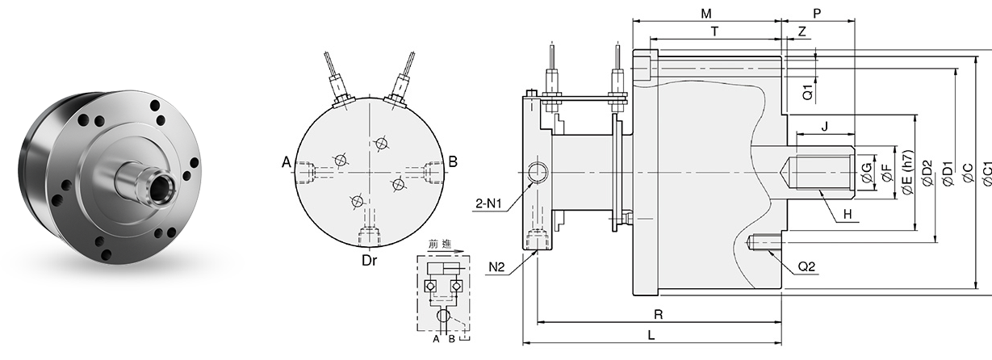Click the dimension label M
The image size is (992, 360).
[x=705, y=13]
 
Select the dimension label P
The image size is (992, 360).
[x=818, y=13]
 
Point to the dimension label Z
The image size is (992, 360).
[x=802, y=31]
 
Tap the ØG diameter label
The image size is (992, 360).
[x=866, y=171]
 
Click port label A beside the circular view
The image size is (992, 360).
[x=287, y=163]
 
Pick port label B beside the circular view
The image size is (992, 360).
[x=453, y=162]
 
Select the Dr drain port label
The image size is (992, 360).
[x=370, y=260]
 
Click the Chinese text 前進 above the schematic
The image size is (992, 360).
[x=442, y=244]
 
